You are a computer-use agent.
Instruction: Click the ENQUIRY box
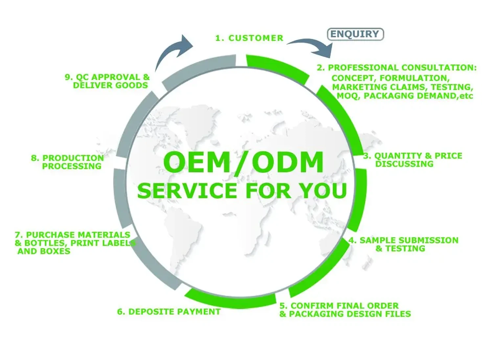[355, 34]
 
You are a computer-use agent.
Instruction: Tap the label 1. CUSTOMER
[249, 38]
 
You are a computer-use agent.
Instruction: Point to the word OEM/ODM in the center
[243, 162]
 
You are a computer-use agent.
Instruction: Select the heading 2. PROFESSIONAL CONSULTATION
[396, 68]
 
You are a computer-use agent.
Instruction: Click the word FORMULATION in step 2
[414, 78]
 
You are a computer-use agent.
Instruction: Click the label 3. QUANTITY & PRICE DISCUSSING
[413, 160]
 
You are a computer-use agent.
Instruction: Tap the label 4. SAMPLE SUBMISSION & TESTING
[403, 244]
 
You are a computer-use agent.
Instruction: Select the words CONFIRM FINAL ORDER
[344, 306]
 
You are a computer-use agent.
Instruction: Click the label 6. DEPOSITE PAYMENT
[169, 312]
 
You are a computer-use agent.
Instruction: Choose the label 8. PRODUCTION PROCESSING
[68, 162]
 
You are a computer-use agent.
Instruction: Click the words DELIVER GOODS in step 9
[110, 85]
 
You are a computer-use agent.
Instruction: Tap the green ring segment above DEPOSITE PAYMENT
[230, 300]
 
